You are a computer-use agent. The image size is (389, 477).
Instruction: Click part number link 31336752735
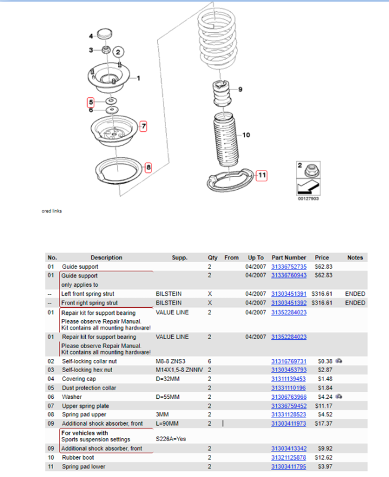click(x=289, y=267)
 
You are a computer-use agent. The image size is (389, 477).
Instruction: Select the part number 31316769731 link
click(x=289, y=361)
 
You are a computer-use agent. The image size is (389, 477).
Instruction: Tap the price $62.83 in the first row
click(x=323, y=267)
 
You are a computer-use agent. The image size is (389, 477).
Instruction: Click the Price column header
click(x=322, y=258)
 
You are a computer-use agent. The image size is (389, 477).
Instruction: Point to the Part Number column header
click(x=289, y=258)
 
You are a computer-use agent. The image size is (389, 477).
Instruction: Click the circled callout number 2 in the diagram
click(x=118, y=52)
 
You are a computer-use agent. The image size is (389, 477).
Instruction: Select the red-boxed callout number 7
click(x=143, y=126)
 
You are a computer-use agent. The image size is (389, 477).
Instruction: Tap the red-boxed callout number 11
click(x=261, y=175)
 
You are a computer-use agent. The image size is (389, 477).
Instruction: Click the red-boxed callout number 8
click(x=148, y=167)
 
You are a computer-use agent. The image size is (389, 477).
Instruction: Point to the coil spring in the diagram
click(x=217, y=38)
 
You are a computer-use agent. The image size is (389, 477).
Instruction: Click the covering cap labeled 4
click(x=104, y=34)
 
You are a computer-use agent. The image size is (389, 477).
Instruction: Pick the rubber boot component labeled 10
click(x=226, y=140)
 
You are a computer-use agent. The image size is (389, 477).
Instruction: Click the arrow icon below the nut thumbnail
click(x=308, y=187)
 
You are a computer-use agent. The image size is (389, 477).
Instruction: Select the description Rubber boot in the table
click(x=78, y=457)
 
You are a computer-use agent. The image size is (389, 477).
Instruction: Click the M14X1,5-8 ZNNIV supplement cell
click(x=179, y=370)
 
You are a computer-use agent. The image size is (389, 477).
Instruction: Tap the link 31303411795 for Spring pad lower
click(x=289, y=467)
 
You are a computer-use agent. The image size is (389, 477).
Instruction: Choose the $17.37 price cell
click(x=323, y=423)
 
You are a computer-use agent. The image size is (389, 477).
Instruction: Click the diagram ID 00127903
click(x=308, y=199)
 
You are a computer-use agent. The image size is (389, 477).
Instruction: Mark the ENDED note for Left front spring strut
click(x=355, y=294)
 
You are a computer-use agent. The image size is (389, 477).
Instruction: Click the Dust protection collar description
click(x=89, y=388)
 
